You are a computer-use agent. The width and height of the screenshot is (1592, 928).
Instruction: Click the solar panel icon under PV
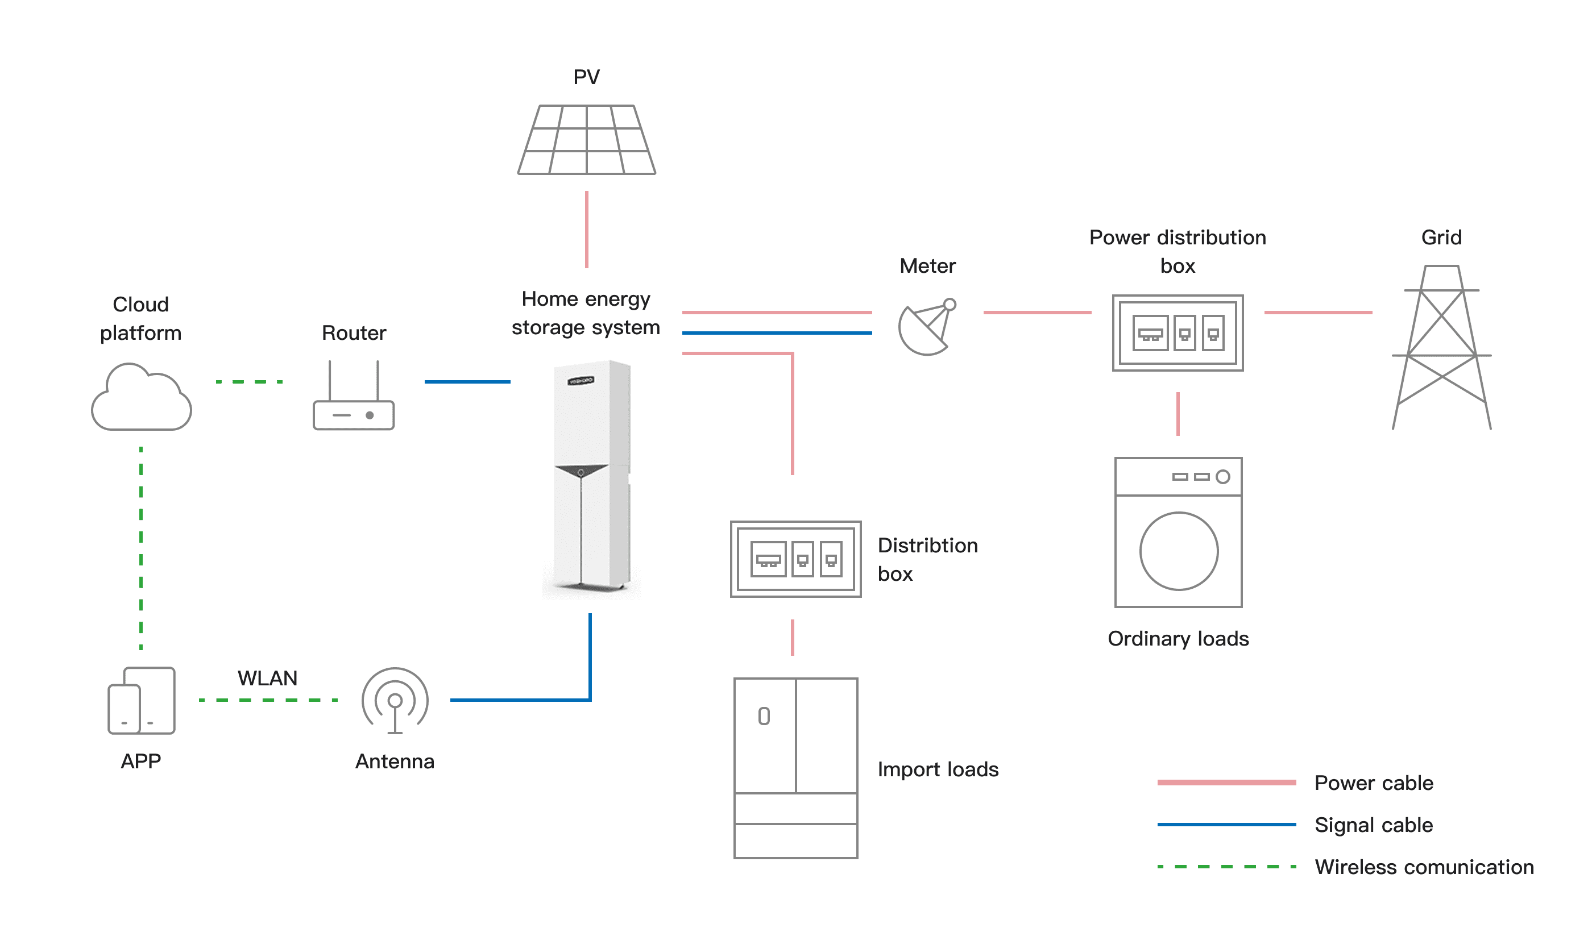coord(586,140)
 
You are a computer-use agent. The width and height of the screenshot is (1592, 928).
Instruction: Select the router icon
coord(354,398)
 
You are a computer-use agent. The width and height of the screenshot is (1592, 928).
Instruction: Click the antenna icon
coord(395,701)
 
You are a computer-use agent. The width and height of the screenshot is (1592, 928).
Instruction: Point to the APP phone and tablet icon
coord(142,701)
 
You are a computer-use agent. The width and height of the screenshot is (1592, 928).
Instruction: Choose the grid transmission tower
coord(1442,348)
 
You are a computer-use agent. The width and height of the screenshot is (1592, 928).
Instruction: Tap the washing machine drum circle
coord(1179,551)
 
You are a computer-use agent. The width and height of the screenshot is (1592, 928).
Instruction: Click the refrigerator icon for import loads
coord(795,768)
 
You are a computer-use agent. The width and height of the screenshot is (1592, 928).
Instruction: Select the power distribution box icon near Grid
coord(1178,332)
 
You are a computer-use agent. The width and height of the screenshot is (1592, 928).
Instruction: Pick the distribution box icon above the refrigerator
coord(795,559)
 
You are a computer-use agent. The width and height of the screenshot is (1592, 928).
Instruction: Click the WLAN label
coord(267,678)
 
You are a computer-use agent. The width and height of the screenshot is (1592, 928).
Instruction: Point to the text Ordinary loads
coord(1178,639)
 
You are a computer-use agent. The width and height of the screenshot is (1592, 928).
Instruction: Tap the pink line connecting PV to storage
coord(587,230)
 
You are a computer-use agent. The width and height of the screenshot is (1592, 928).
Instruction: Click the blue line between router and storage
coord(467,382)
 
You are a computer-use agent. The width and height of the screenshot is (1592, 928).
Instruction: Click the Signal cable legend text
coord(1374,825)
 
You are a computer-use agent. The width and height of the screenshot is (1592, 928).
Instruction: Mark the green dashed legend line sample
coord(1226,867)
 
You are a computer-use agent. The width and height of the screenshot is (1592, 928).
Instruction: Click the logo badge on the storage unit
coord(581,381)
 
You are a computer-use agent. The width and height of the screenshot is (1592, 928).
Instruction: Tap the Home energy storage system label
coord(586,313)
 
